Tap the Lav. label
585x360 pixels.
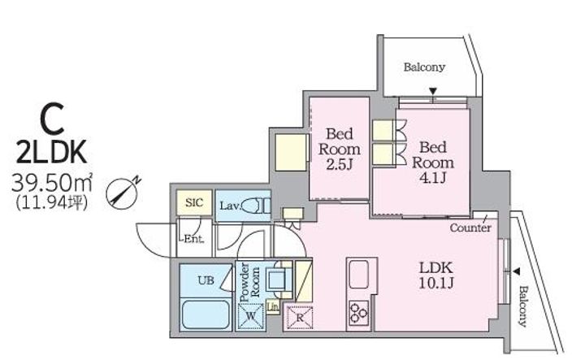[228, 206]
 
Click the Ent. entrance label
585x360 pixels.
[193, 239]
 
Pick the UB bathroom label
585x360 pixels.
[206, 280]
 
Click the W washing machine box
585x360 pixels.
[249, 314]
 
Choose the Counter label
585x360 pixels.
[470, 228]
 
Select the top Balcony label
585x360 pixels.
[423, 67]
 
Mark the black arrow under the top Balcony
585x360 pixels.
[433, 92]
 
